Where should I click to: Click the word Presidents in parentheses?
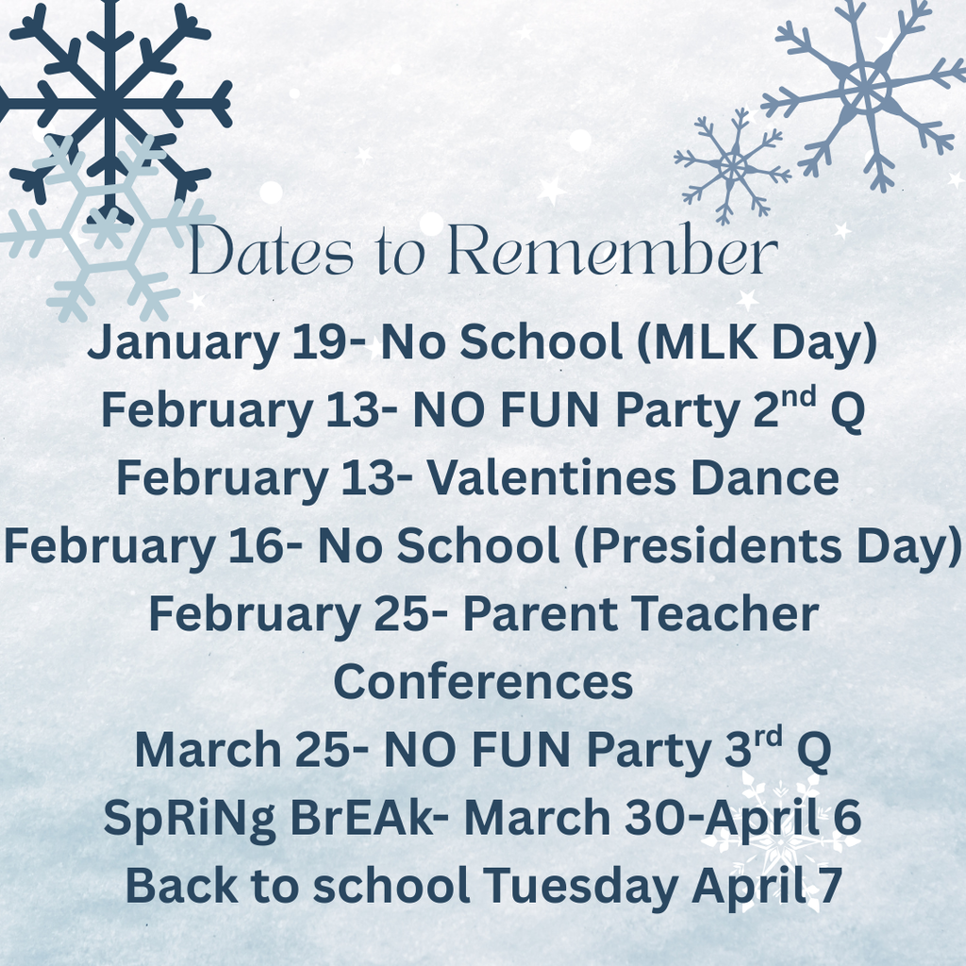(716, 546)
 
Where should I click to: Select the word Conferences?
(483, 681)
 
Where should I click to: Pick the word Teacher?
(725, 614)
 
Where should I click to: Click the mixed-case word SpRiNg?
(189, 819)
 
